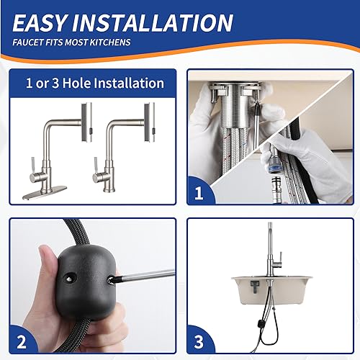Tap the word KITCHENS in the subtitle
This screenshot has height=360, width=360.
[x=109, y=42]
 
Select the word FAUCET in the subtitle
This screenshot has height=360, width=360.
[x=30, y=42]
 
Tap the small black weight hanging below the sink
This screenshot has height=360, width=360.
[x=274, y=336]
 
